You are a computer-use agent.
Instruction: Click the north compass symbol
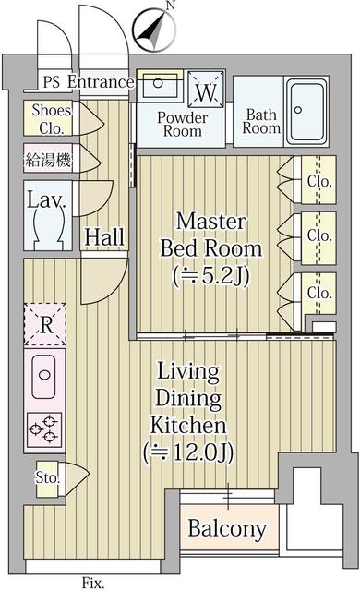[154, 30]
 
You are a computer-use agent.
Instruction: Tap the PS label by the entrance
[51, 82]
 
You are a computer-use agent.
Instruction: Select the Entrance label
[101, 82]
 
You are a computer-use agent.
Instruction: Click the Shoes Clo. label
[51, 119]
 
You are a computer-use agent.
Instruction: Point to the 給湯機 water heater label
[48, 160]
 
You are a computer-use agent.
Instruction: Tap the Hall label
[104, 237]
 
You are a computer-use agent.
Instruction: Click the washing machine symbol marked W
[206, 90]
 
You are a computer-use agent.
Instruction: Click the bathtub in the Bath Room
[306, 111]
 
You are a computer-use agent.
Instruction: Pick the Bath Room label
[261, 121]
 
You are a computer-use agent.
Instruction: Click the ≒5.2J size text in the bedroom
[210, 277]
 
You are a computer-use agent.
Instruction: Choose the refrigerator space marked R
[45, 324]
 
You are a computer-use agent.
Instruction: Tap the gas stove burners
[44, 429]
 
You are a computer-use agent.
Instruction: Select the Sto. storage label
[48, 478]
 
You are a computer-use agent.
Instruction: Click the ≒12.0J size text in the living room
[188, 452]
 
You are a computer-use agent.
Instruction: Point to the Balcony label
[227, 528]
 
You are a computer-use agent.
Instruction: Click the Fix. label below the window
[93, 583]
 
